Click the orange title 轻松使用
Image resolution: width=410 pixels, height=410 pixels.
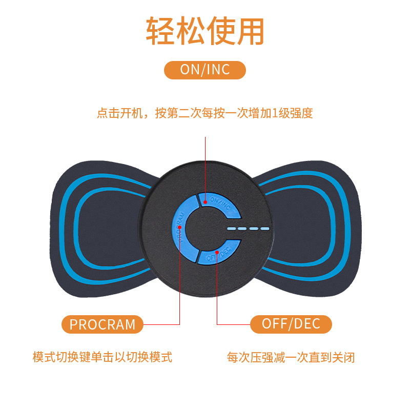tap(205, 32)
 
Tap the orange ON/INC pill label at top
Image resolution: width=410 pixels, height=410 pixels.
tap(205, 70)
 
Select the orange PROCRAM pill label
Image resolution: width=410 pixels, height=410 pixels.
tap(102, 324)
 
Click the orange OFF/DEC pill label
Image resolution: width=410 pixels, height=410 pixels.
tap(291, 324)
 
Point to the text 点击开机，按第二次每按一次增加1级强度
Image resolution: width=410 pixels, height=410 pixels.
tap(205, 113)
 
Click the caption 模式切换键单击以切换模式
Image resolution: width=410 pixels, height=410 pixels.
tap(102, 357)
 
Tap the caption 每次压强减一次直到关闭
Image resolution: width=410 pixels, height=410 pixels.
tap(291, 357)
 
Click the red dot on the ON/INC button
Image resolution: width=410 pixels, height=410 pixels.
tap(206, 201)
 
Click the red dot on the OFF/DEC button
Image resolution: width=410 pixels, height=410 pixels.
tap(217, 252)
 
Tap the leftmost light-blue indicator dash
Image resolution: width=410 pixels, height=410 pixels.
tap(232, 229)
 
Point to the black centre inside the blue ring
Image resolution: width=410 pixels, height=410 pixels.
tap(205, 228)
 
